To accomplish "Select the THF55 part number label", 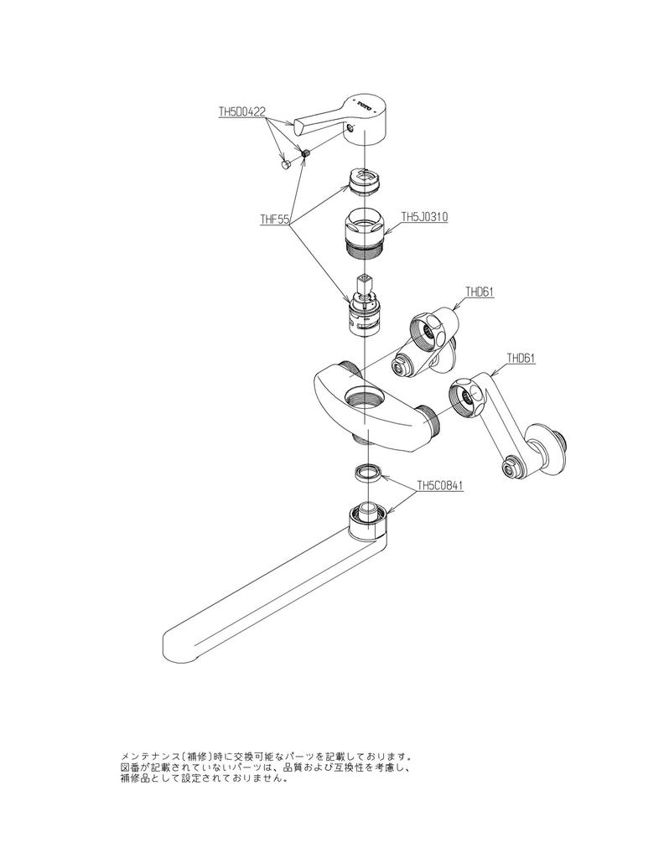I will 273,220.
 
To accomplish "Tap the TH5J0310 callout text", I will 424,216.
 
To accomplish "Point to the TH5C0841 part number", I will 441,485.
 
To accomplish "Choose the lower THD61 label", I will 520,358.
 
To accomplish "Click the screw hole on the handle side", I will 352,128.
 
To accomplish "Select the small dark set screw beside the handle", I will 305,154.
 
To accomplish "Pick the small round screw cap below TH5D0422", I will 285,165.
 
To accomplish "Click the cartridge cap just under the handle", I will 365,179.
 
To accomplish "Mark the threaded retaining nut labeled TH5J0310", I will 364,230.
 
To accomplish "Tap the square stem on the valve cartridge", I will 364,285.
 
